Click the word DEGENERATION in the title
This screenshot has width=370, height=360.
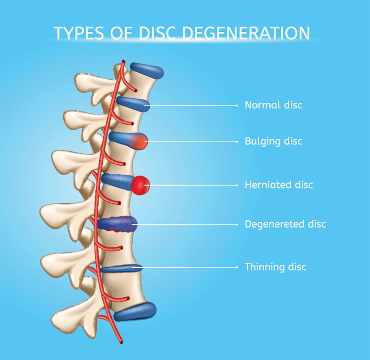click(246, 33)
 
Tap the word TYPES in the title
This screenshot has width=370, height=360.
click(79, 33)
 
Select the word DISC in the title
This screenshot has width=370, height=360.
click(157, 33)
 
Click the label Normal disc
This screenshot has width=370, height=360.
click(273, 105)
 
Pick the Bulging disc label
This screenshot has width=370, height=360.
click(273, 141)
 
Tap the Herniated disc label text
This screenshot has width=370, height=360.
click(279, 185)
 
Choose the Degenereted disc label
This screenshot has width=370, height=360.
click(285, 224)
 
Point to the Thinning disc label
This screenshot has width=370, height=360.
click(275, 267)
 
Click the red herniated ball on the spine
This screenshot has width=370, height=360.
click(141, 185)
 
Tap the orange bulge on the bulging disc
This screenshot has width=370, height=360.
click(140, 141)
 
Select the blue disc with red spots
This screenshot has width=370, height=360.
click(117, 223)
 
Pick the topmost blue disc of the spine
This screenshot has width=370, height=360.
click(147, 70)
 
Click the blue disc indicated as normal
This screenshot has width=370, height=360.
click(133, 104)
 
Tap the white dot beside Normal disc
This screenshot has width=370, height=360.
click(237, 106)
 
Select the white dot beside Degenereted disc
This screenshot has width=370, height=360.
click(237, 225)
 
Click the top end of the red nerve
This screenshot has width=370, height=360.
click(124, 62)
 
